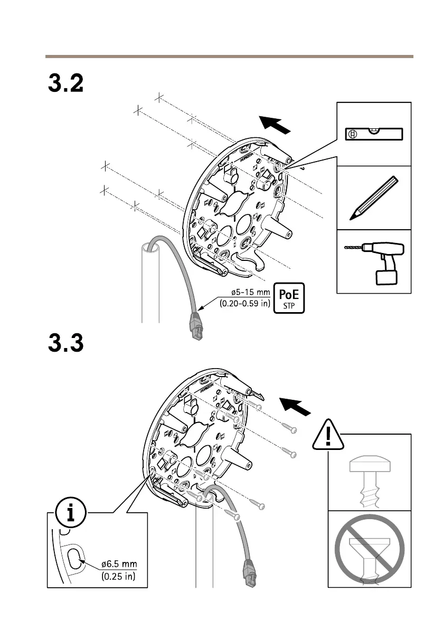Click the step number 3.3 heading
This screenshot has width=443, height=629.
pos(66,345)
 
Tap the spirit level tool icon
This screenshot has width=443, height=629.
pos(374,134)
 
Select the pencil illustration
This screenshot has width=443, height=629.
pos(373,198)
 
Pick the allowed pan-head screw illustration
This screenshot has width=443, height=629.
pos(369,480)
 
